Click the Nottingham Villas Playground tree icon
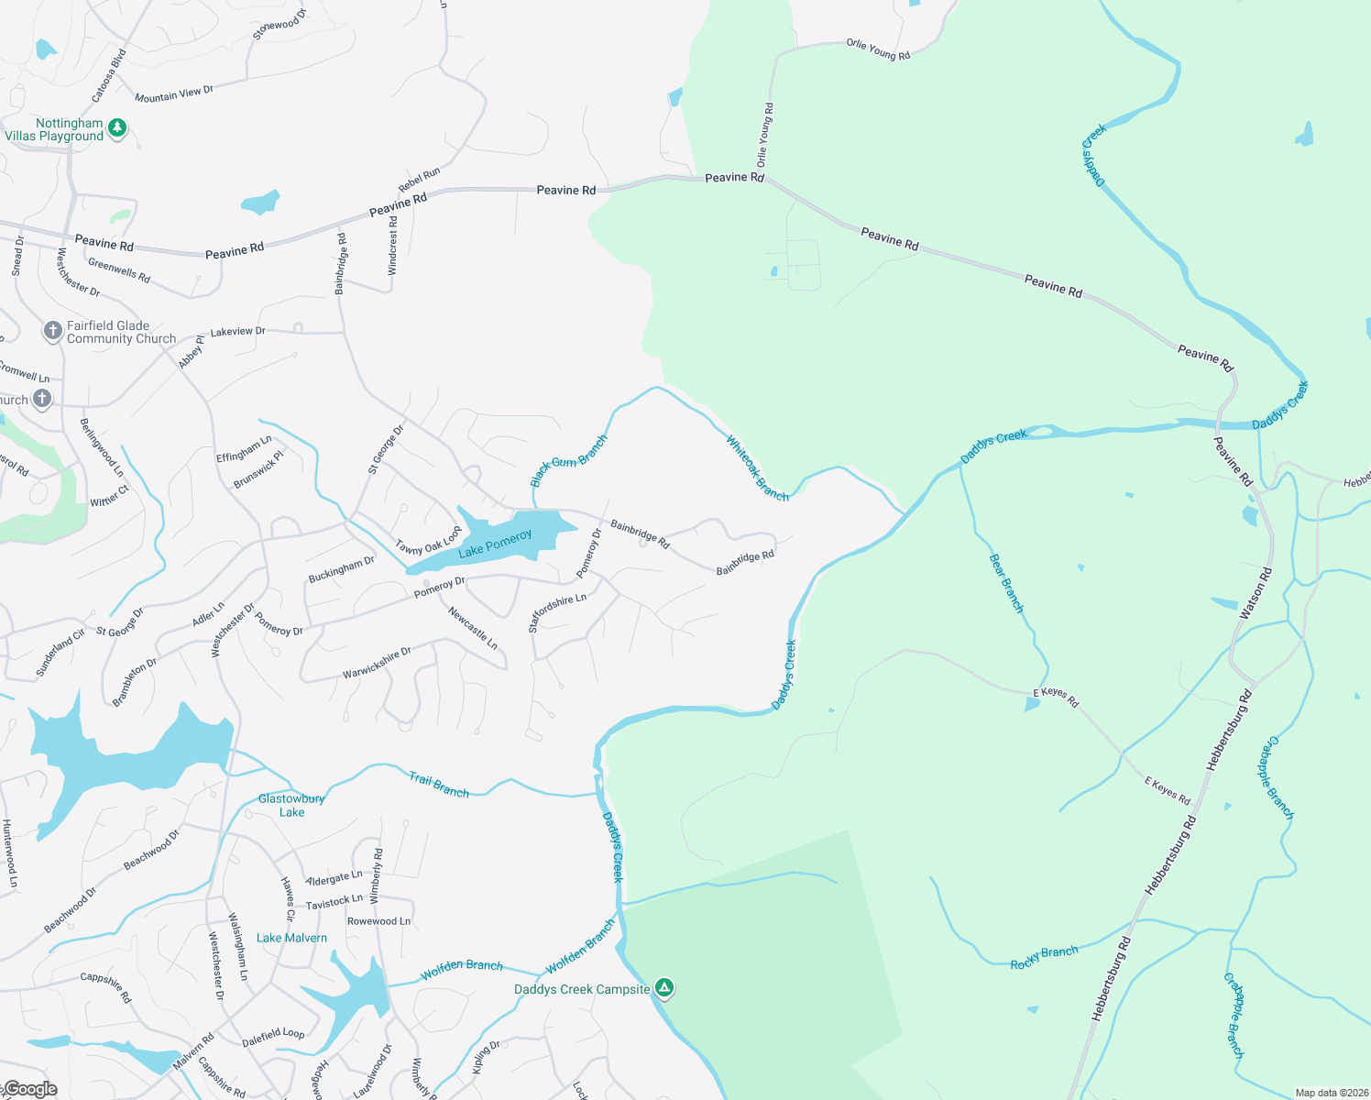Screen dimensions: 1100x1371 point(116,127)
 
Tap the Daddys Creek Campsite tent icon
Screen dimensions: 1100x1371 point(664,988)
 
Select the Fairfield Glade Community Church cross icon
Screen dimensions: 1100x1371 point(53,330)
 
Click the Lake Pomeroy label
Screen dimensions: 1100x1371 point(495,544)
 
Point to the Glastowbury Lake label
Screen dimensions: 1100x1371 point(291,805)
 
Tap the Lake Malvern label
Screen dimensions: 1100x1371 point(291,938)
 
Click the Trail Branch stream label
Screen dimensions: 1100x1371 point(438,785)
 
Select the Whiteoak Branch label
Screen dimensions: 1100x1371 point(757,468)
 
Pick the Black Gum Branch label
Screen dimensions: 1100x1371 point(568,461)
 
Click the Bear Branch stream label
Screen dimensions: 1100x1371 point(1006,583)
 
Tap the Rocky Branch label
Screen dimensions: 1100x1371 point(1044,958)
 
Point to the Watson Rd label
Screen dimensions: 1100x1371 point(1256,593)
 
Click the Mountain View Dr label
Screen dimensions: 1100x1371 point(174,93)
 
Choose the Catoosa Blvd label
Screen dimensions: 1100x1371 point(108,75)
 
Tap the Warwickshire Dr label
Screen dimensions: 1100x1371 point(377,663)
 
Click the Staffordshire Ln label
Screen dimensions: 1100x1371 point(556,612)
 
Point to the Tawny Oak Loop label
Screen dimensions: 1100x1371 point(428,542)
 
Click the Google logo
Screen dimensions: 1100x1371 point(30,1089)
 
